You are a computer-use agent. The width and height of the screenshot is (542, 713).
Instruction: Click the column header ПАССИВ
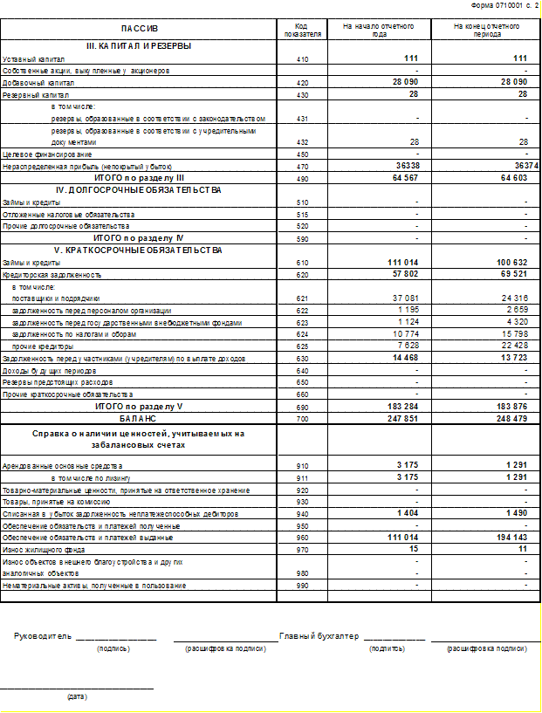(x=140, y=30)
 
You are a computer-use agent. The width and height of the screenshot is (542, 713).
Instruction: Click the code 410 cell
(x=302, y=58)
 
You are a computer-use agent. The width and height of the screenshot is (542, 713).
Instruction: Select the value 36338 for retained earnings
(x=406, y=165)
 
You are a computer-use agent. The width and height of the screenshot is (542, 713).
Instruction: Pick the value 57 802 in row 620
(x=403, y=274)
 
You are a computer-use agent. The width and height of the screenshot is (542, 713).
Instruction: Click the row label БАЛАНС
(x=138, y=419)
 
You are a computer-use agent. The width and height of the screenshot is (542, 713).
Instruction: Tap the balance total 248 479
(x=511, y=419)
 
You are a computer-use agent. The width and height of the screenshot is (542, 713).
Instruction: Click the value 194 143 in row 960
(x=511, y=538)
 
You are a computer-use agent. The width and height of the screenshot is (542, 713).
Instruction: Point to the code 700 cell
(x=302, y=419)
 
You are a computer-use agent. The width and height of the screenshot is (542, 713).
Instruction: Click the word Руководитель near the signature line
(x=43, y=636)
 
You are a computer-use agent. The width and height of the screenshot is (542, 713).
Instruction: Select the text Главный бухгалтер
(x=319, y=636)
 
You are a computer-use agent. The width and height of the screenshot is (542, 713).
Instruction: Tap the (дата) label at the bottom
(x=77, y=696)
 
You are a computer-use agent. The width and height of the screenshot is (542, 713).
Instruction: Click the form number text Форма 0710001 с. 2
(x=504, y=5)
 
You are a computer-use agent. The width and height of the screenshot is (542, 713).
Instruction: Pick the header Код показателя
(x=302, y=30)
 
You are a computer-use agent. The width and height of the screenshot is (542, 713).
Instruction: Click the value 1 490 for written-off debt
(x=515, y=514)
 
